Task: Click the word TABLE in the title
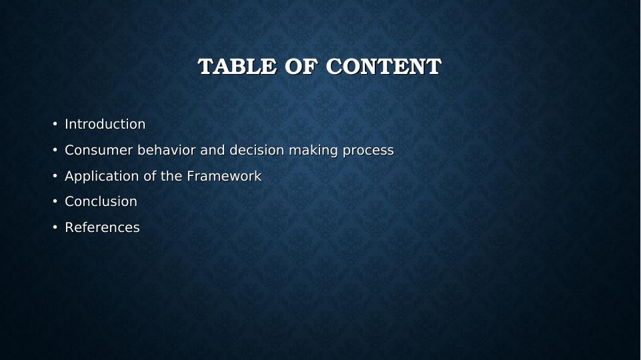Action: pos(237,67)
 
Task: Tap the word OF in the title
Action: pos(301,67)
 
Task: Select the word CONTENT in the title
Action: pos(384,67)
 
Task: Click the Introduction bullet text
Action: pos(105,124)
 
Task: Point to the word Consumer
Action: pos(99,150)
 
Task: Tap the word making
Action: pos(313,151)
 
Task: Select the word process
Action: pos(368,151)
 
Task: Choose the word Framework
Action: pos(224,176)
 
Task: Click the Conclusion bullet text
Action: pos(101,201)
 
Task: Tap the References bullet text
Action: pos(102,227)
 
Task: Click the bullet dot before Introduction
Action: pos(55,124)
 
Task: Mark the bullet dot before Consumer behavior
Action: pos(55,150)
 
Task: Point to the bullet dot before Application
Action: pos(55,176)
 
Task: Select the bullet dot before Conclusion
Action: pos(55,201)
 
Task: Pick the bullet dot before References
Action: pos(55,227)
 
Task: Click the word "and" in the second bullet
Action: pos(213,150)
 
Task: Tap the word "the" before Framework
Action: pos(171,176)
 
